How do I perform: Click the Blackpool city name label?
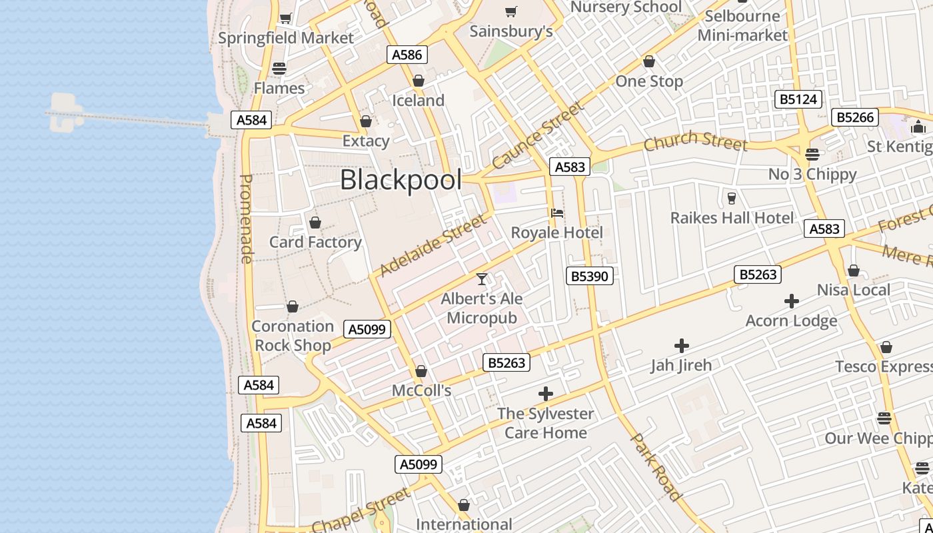tap(401, 180)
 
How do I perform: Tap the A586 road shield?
tap(407, 55)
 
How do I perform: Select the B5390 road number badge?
tap(590, 276)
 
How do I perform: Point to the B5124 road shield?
tap(798, 100)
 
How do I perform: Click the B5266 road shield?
tap(855, 117)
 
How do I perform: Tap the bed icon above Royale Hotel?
tap(557, 213)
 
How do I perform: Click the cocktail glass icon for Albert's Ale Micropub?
tap(482, 278)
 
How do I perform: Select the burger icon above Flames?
tap(279, 68)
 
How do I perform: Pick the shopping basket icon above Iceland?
tap(419, 81)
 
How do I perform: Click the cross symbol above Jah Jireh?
tap(681, 346)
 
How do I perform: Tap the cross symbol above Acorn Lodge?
tap(791, 301)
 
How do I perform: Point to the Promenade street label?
tap(246, 219)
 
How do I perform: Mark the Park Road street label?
tap(656, 466)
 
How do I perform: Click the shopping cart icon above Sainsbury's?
tap(511, 11)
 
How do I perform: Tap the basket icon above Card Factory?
tap(315, 222)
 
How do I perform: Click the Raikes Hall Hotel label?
tap(732, 218)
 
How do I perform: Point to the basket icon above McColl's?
tap(421, 370)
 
